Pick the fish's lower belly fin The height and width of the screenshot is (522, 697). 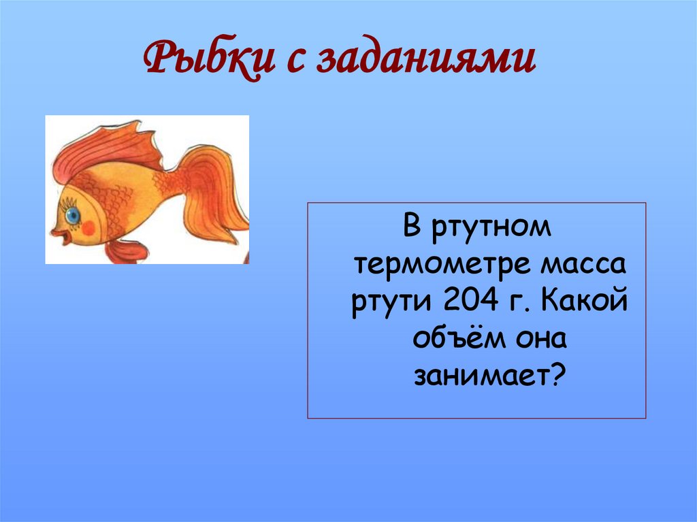(x=126, y=251)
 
